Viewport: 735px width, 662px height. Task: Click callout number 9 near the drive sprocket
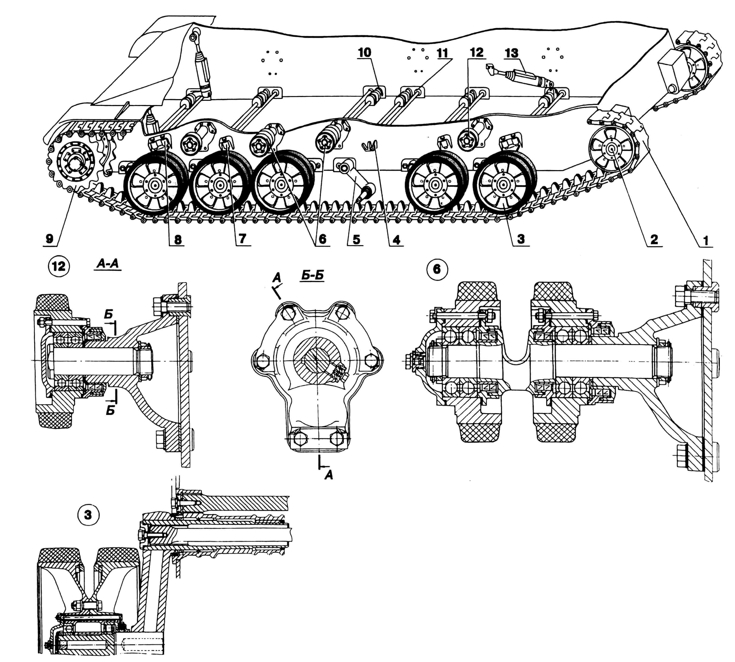tap(50, 239)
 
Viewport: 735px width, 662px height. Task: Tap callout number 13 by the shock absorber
tap(512, 53)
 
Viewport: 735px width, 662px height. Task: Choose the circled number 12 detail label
tap(59, 266)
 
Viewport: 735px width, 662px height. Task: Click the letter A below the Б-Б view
tap(328, 475)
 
